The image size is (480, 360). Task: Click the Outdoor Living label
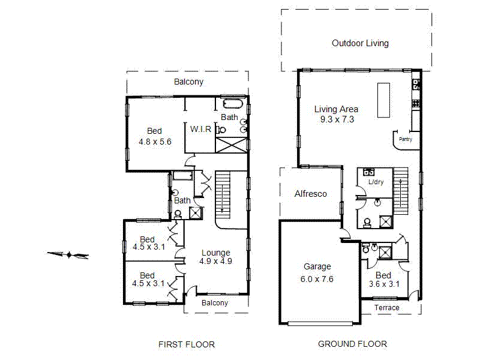(x=360, y=43)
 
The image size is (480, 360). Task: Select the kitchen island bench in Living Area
(x=382, y=100)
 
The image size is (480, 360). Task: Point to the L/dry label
(x=376, y=182)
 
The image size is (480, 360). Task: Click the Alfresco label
(x=310, y=194)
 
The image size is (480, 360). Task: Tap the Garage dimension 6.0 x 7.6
(x=317, y=278)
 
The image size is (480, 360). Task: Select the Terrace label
(x=387, y=308)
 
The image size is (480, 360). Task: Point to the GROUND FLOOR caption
(x=352, y=344)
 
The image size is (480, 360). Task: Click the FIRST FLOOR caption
(x=186, y=344)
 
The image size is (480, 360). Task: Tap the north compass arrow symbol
(x=68, y=255)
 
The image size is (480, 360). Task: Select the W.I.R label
(x=200, y=129)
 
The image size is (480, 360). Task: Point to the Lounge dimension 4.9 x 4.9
(x=216, y=261)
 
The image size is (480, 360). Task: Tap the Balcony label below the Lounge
(x=215, y=303)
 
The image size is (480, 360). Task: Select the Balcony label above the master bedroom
(x=188, y=82)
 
